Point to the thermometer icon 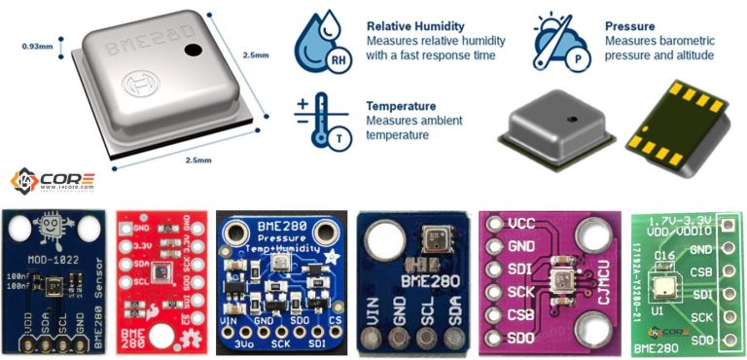pos(320,121)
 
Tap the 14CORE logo pos(53,180)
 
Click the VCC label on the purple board pos(521,223)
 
